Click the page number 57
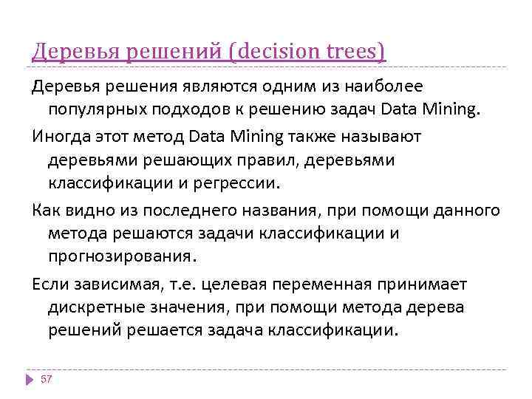(x=47, y=379)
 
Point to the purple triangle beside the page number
(x=30, y=379)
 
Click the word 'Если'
(x=49, y=284)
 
